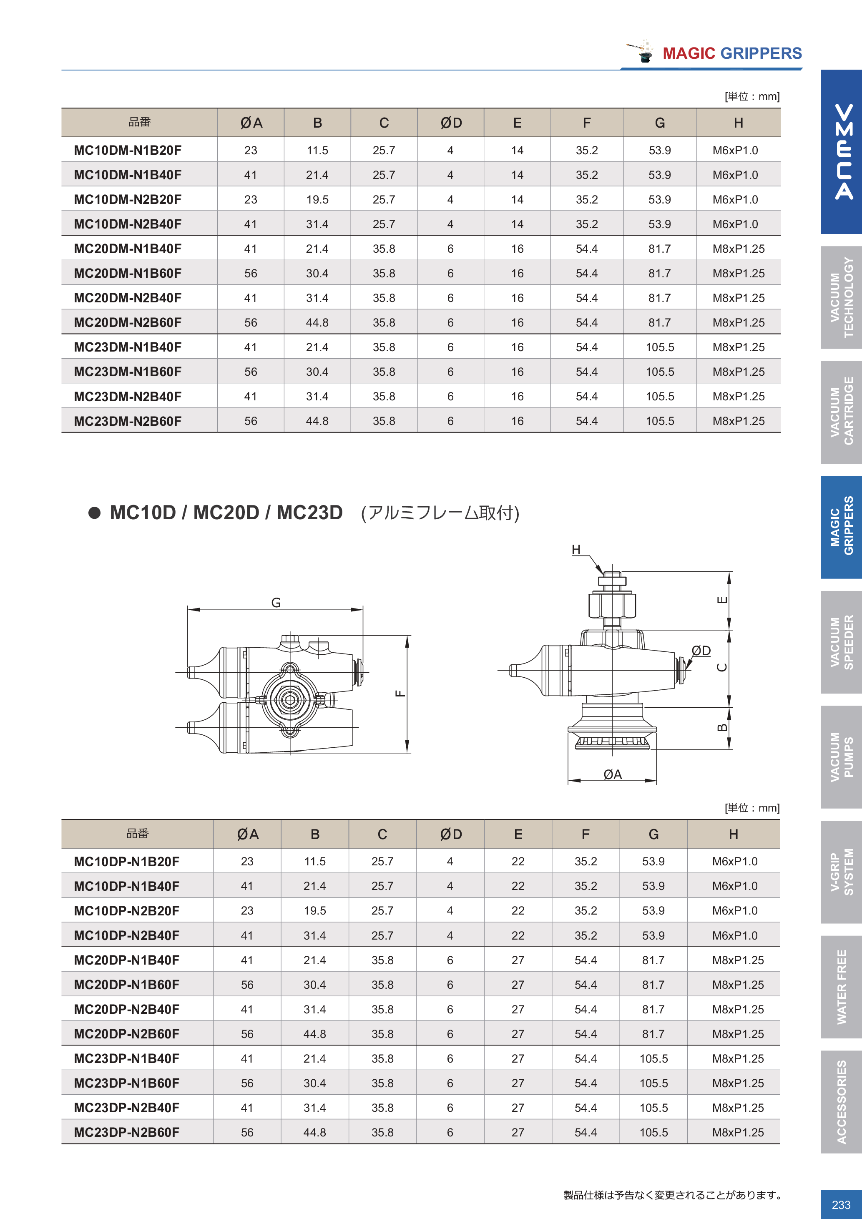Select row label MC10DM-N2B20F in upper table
pos(127,200)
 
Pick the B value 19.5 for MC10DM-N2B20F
pos(317,200)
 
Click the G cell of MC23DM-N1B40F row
pos(659,347)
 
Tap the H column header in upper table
pos(738,123)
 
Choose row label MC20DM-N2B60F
pos(127,323)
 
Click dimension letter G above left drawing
pos(276,603)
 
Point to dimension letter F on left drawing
pos(401,694)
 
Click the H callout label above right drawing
pos(576,550)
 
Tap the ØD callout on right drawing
pos(701,651)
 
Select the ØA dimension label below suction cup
pos(613,774)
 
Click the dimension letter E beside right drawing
pos(722,600)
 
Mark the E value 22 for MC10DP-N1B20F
pos(518,861)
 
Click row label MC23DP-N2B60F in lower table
pos(126,1132)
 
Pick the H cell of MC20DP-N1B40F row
pos(738,960)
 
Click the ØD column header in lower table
pos(451,834)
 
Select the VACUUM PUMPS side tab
pos(841,757)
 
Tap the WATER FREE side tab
pos(841,986)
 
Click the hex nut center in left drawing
pos(290,700)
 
